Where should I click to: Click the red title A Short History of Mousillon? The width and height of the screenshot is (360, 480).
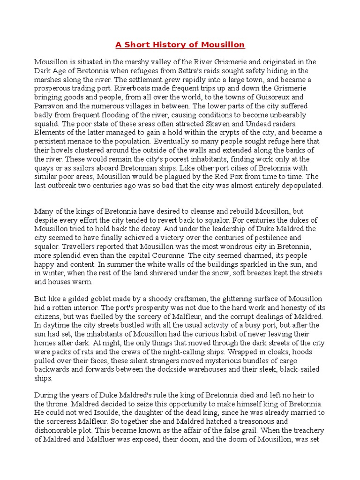(180, 45)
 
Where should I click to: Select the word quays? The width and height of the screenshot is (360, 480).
(46, 168)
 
